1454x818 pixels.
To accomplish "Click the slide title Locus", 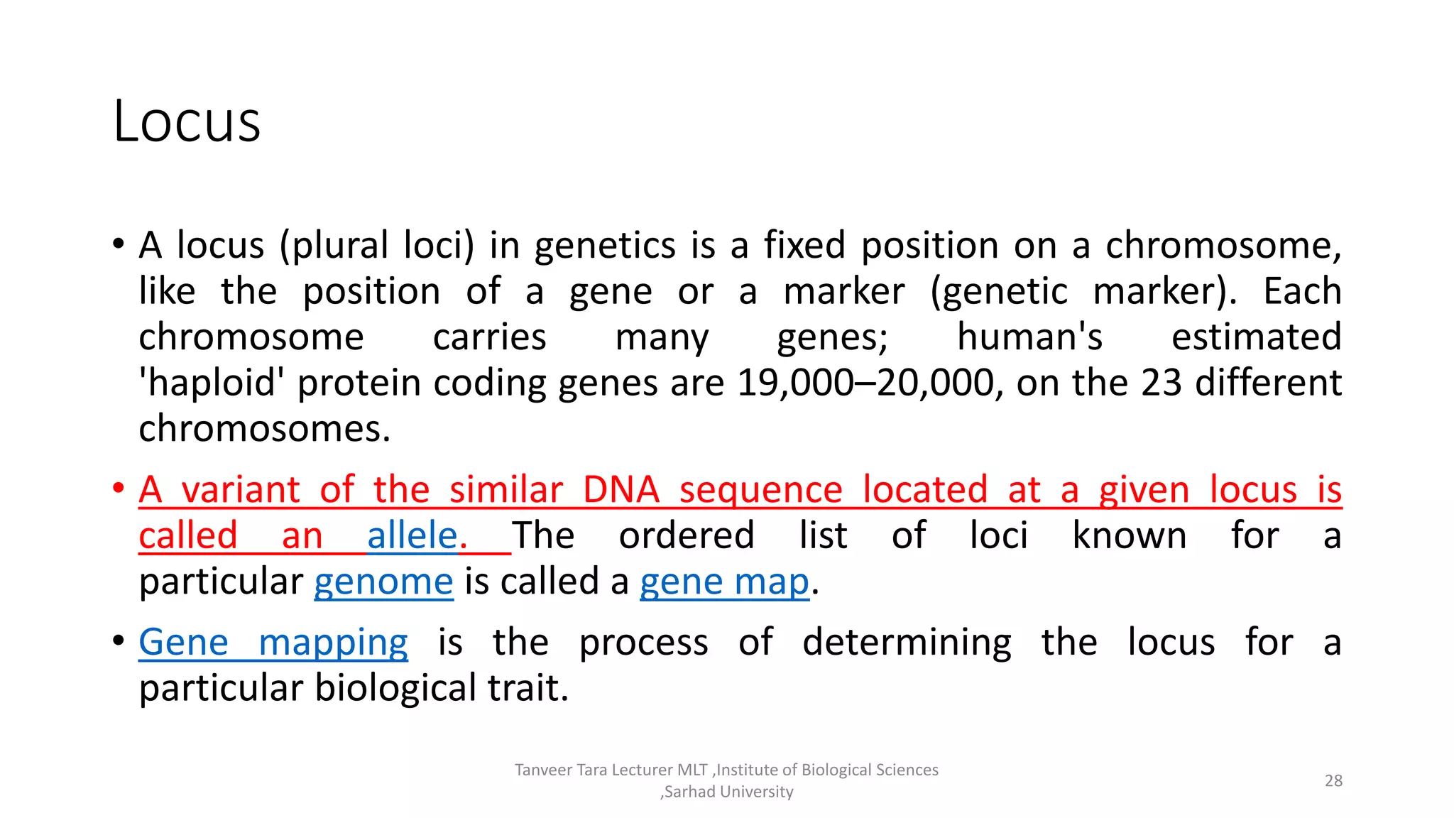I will click(187, 121).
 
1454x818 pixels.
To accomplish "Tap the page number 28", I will click(1333, 780).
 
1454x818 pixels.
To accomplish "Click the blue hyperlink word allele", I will click(412, 535).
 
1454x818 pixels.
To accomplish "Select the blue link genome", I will click(383, 582).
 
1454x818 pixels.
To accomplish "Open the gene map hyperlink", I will click(724, 582).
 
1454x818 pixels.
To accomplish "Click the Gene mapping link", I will click(273, 643).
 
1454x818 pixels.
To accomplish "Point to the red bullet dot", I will click(119, 489).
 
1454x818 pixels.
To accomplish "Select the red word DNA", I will click(621, 490).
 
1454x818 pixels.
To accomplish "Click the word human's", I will click(1029, 337).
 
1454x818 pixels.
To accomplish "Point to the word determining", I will click(907, 643).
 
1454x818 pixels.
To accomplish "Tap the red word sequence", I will click(760, 490).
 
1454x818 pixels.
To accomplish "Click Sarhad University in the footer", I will click(728, 792).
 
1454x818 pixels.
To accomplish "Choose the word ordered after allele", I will click(686, 535).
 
